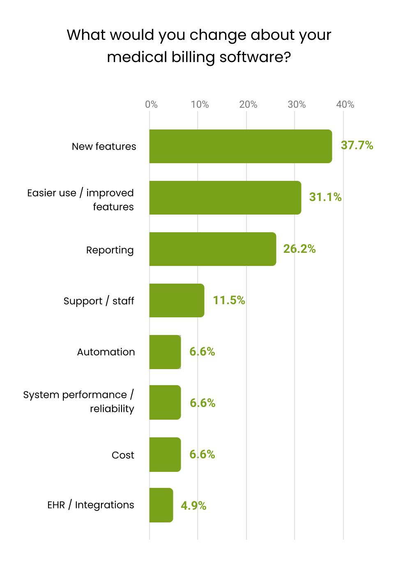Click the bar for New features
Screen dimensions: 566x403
pos(240,146)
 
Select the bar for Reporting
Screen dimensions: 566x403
pos(212,249)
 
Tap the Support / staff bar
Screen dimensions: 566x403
pos(177,300)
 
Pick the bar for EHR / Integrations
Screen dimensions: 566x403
pos(161,505)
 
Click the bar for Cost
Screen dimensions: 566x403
pos(165,455)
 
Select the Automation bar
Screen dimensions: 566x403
pos(165,352)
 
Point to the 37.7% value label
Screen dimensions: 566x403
pos(357,146)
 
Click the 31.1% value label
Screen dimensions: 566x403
pos(325,197)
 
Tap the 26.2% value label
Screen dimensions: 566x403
pos(299,249)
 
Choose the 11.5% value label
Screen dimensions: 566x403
pos(229,300)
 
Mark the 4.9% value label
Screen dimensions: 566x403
pos(193,506)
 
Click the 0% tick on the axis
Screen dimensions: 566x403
pos(151,104)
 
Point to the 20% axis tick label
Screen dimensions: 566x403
pos(248,104)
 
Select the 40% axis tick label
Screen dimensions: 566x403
pos(345,104)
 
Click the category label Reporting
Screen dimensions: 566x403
pos(110,250)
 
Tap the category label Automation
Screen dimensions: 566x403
pos(106,352)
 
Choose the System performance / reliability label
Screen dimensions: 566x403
pos(78,402)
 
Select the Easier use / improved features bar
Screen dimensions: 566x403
pos(225,198)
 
